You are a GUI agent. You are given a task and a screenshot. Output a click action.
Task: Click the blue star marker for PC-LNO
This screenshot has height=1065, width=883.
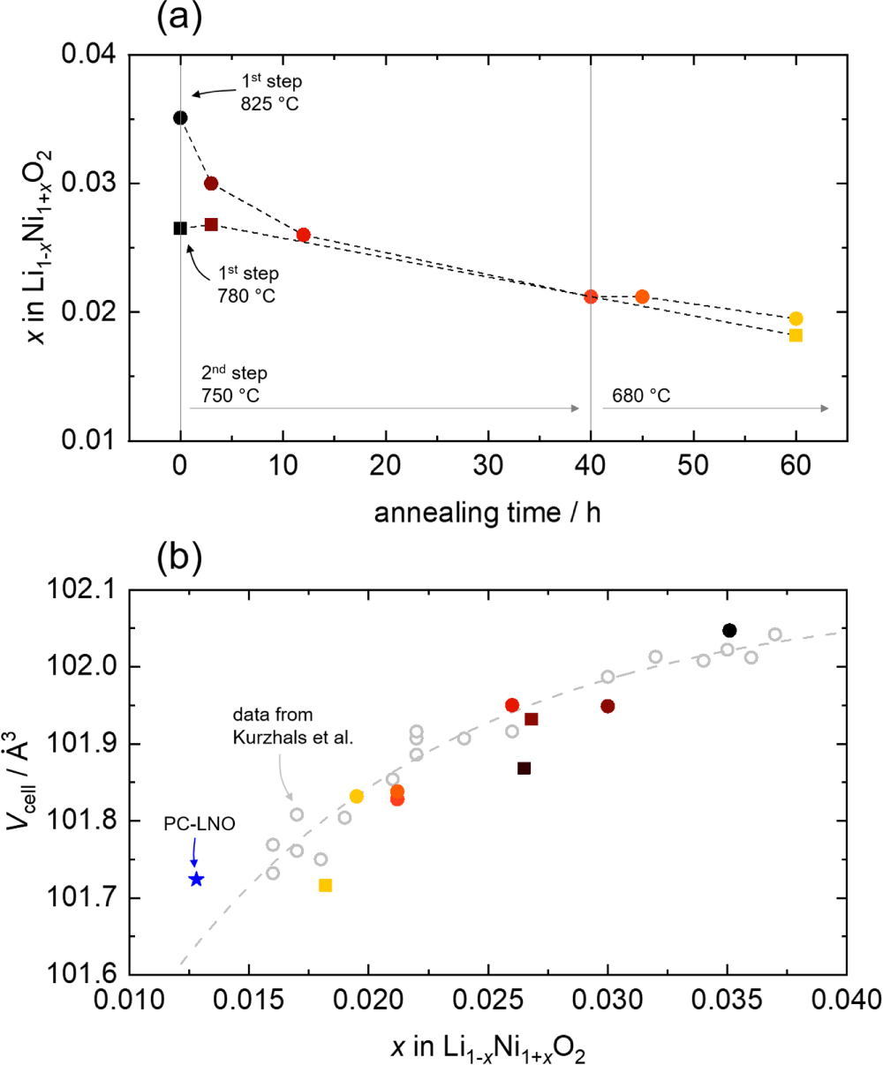pos(196,879)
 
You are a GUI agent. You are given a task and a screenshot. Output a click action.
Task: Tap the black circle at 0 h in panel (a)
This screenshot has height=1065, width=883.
pos(180,117)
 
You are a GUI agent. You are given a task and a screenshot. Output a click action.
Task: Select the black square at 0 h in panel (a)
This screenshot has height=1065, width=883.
pos(180,228)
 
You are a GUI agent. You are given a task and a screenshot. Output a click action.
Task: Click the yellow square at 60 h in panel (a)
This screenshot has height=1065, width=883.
pos(796,335)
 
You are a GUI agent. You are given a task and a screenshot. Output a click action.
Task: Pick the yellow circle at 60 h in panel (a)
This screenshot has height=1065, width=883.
pos(796,319)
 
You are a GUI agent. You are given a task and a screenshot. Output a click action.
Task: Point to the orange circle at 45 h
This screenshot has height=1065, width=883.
pos(642,296)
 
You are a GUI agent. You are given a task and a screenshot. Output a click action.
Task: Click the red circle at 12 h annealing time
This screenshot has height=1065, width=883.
pos(303,235)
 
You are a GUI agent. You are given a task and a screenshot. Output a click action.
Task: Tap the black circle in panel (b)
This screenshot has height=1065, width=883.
pos(729,630)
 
